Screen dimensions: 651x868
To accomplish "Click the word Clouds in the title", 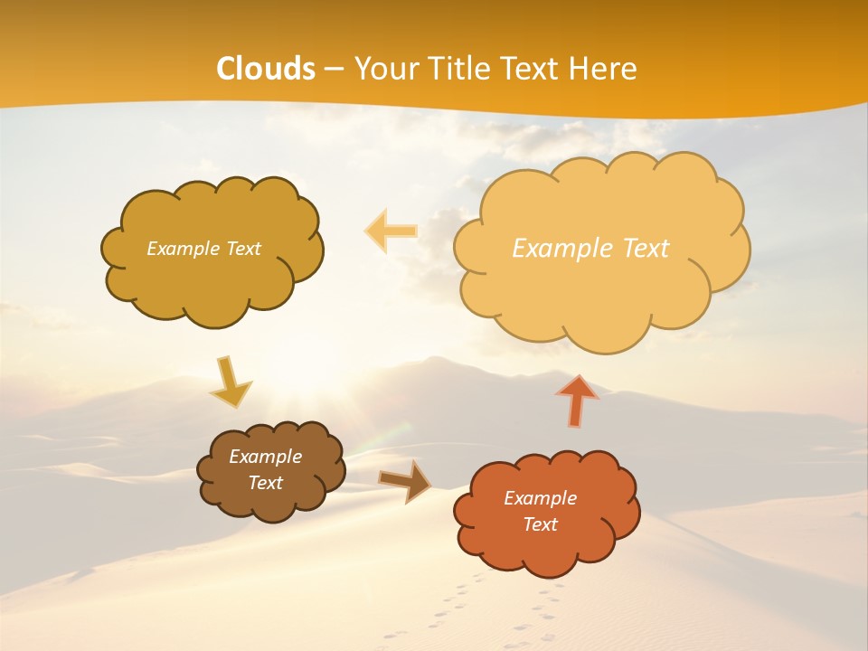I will [266, 69].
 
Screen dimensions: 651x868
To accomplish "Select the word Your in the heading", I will [383, 69].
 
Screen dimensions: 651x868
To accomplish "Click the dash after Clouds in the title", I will [334, 70].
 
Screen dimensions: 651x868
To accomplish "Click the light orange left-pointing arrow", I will [392, 231].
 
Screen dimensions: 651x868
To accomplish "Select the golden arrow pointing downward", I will [230, 382].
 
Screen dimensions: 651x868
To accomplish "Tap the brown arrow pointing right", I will [405, 482].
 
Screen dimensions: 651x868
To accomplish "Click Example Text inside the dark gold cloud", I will [203, 249].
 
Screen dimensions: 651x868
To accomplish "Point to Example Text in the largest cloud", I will [590, 249].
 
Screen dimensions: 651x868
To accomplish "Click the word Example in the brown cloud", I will [265, 457].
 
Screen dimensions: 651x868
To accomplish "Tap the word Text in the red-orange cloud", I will [540, 524].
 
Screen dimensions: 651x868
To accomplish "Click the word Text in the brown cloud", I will [265, 483].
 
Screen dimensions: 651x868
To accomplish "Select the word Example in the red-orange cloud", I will [540, 498].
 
